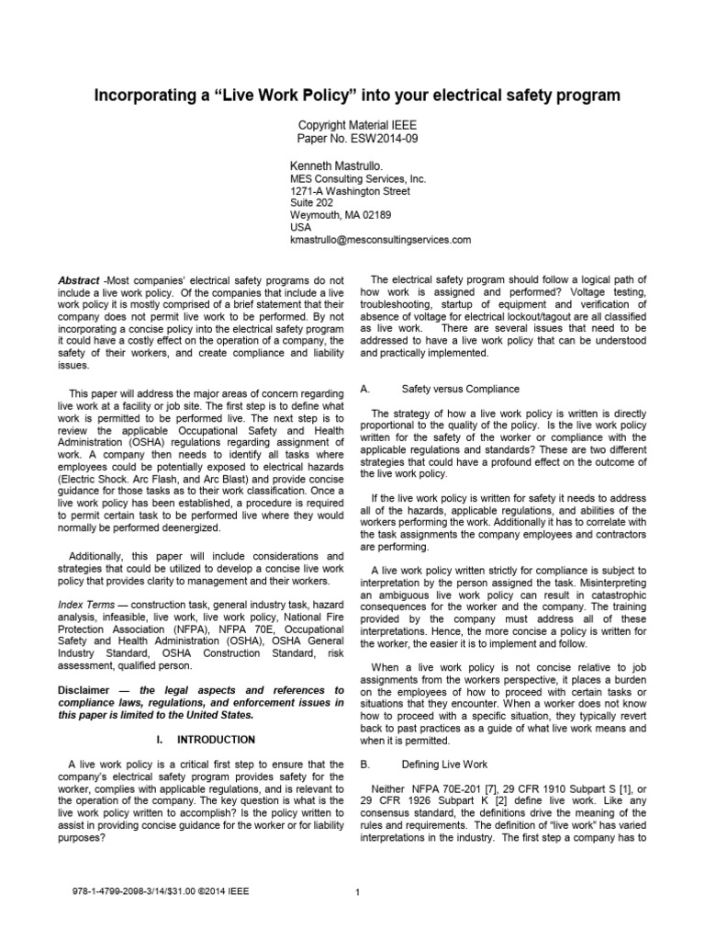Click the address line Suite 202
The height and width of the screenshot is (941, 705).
pyautogui.click(x=312, y=201)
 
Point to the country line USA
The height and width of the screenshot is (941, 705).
pyautogui.click(x=301, y=227)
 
